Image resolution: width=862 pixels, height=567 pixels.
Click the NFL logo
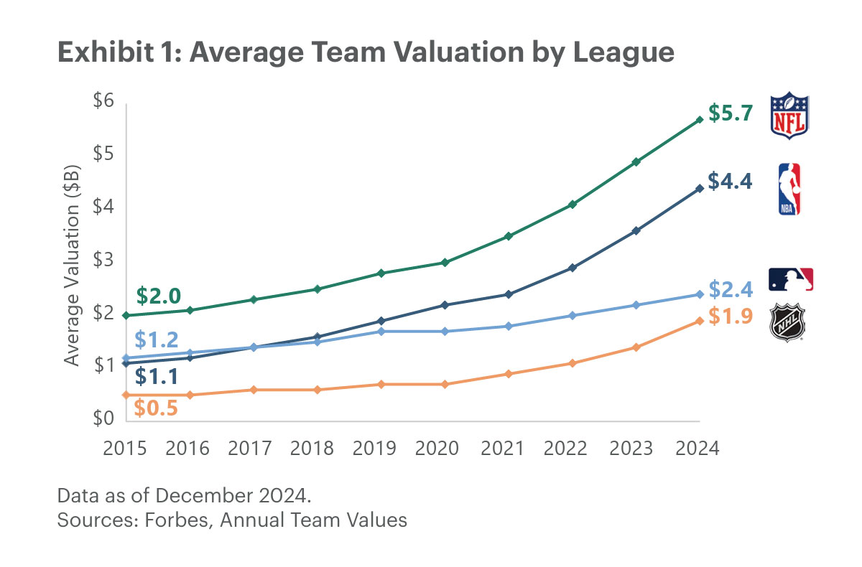789,115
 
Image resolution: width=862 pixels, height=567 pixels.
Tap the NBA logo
789,189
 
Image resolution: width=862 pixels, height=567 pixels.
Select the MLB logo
791,279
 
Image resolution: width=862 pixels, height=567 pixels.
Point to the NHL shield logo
788,323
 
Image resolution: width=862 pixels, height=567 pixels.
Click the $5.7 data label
730,113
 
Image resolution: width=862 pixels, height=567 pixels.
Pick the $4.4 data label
730,182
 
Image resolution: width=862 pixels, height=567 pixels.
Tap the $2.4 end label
730,289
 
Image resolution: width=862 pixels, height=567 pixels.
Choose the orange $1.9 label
730,316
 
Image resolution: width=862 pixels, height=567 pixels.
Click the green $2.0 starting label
158,296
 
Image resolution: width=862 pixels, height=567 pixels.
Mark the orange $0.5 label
155,407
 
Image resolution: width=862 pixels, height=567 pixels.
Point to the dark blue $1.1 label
157,375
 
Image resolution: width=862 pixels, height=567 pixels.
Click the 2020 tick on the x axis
437,449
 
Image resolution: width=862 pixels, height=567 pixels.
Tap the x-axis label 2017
249,449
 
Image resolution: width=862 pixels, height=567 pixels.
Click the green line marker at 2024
699,120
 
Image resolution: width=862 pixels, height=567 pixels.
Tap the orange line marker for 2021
509,374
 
